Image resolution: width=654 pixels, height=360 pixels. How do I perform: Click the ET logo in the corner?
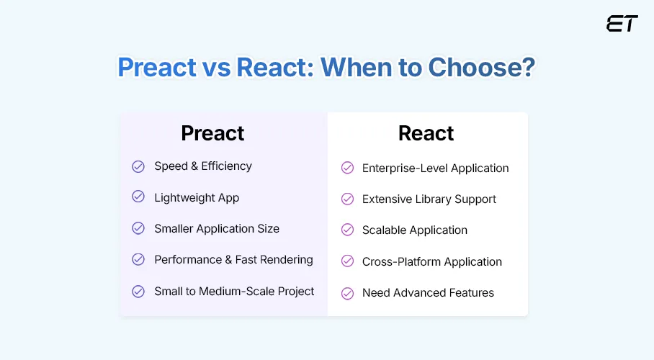click(622, 24)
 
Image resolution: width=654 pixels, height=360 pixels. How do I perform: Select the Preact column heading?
click(212, 133)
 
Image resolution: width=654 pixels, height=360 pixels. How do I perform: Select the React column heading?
click(426, 133)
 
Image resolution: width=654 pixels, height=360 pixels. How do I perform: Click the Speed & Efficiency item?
click(202, 166)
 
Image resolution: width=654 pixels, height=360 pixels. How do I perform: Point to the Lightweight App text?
click(196, 197)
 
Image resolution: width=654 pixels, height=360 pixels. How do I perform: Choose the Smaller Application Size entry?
click(216, 228)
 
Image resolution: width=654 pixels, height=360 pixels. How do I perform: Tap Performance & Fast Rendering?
click(233, 259)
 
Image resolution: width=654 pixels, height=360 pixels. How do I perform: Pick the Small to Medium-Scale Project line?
click(234, 291)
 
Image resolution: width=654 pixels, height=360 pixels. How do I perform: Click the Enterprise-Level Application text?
click(435, 168)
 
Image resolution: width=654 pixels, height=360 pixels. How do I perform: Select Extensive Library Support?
click(429, 199)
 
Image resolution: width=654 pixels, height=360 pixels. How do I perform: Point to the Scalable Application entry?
click(414, 230)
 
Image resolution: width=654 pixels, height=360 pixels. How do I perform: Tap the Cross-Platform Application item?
click(431, 261)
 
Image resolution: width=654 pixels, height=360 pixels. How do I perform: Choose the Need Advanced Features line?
click(428, 293)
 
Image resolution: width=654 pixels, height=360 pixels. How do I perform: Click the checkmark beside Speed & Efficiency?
click(138, 166)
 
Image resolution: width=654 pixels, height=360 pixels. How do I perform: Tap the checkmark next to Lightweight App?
click(138, 197)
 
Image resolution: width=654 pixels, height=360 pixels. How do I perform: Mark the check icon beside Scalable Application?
click(347, 230)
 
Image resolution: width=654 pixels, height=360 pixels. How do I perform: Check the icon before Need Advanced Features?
click(347, 293)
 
